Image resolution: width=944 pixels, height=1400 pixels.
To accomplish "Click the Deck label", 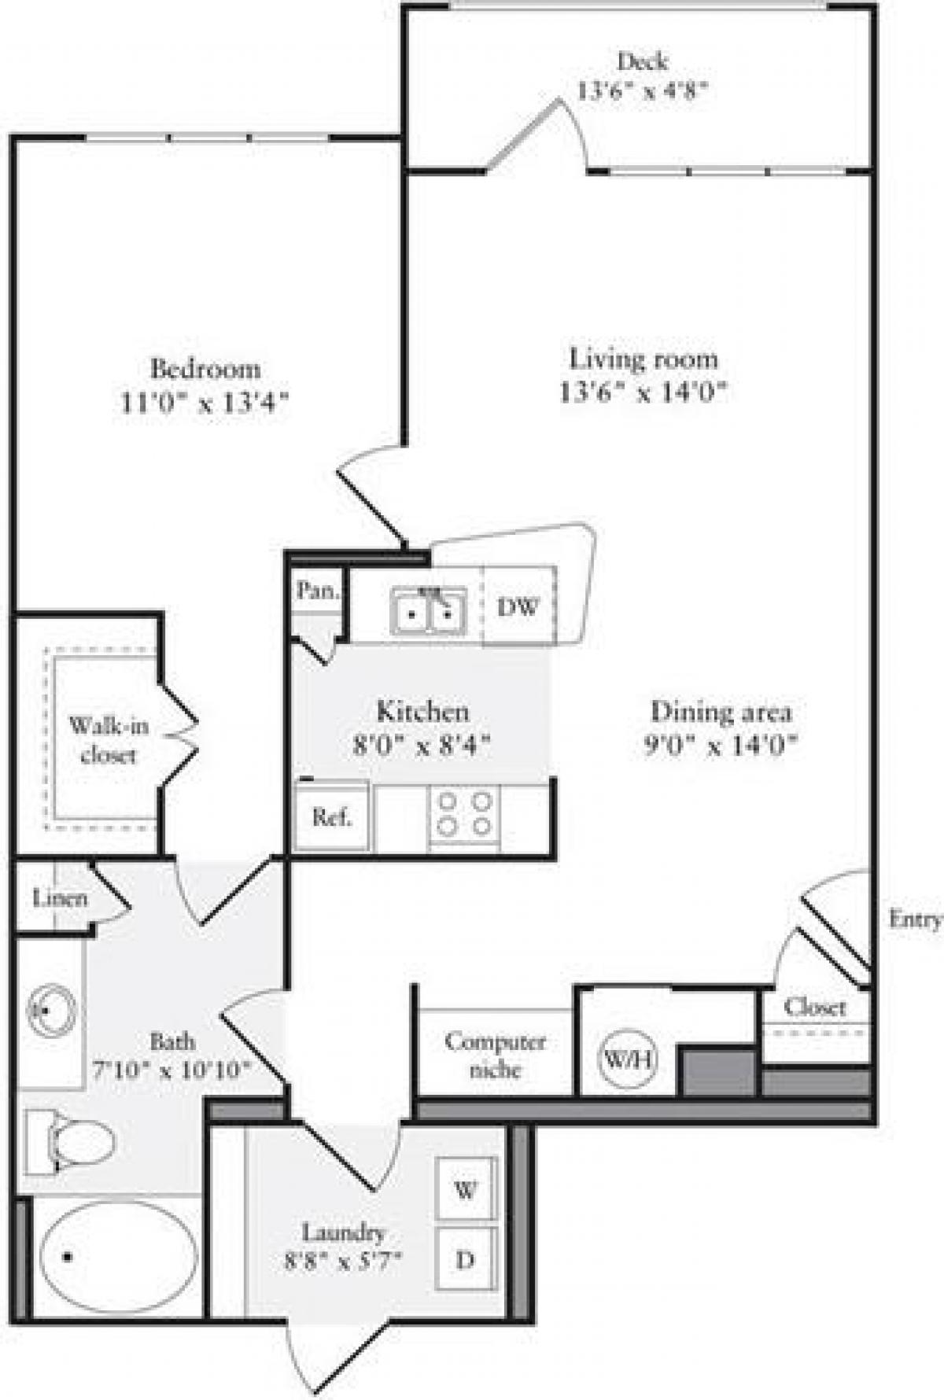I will click(x=643, y=61).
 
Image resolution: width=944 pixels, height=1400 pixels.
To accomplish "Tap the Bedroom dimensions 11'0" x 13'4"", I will click(x=205, y=403).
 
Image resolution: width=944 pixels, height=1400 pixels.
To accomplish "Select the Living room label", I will click(x=643, y=359).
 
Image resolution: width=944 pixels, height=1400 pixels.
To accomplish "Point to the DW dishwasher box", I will click(x=518, y=606).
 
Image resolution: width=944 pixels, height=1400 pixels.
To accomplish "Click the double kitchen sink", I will click(x=429, y=611).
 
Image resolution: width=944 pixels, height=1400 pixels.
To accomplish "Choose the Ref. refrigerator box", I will click(x=332, y=817).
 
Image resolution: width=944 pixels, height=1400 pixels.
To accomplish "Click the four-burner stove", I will click(x=465, y=814).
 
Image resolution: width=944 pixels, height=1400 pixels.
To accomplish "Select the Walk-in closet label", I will click(x=108, y=740).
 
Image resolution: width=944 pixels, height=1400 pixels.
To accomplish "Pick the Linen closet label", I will click(x=60, y=898).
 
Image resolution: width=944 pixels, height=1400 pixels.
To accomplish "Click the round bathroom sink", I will click(x=51, y=1009).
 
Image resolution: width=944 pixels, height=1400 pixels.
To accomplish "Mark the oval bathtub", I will click(x=118, y=1257).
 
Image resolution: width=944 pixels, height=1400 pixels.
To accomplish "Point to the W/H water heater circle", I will click(x=628, y=1059).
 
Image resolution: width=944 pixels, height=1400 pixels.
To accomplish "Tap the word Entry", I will click(x=914, y=919).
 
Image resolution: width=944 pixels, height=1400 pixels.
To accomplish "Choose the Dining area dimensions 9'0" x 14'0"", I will click(x=721, y=745).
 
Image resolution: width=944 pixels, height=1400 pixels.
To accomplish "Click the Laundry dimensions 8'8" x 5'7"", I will click(x=344, y=1262).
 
